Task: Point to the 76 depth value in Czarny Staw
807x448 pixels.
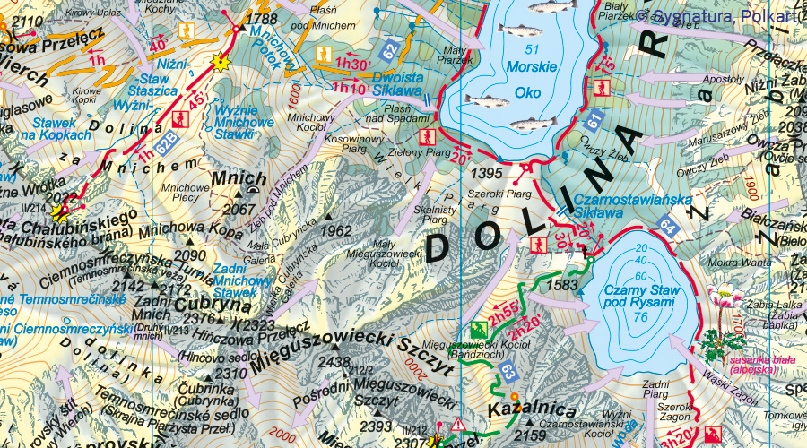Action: click(638, 317)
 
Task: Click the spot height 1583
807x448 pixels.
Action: click(561, 284)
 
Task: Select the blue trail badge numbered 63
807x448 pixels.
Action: click(508, 368)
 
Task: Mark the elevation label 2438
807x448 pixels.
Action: click(334, 361)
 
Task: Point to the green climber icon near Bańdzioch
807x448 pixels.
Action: click(478, 329)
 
